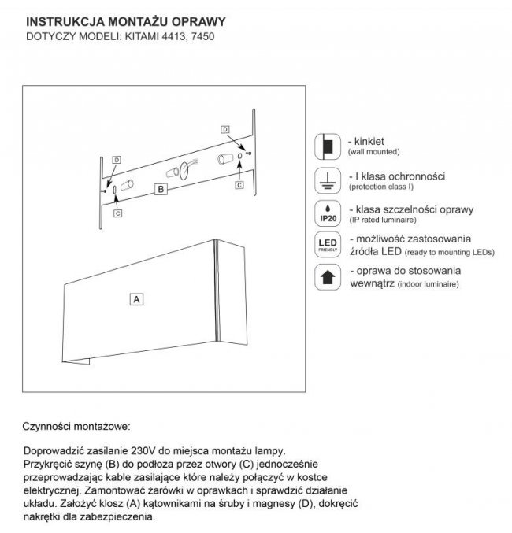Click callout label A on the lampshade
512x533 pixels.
tap(136, 300)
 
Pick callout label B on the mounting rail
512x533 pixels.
tap(160, 189)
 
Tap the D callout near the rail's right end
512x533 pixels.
tap(224, 128)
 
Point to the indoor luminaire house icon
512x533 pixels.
tap(325, 277)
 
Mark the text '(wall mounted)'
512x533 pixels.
tap(375, 150)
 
